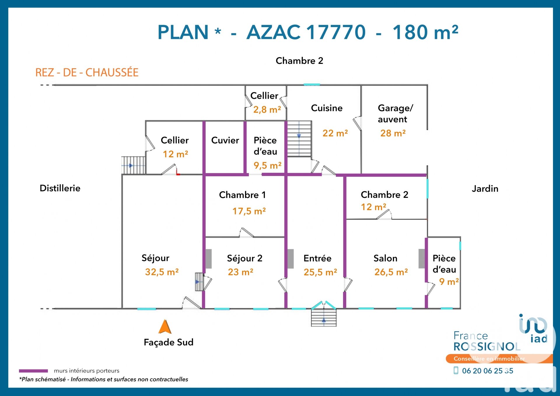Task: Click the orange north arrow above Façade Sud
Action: tap(165, 327)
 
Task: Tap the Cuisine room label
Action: tap(327, 108)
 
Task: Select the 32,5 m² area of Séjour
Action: tap(162, 272)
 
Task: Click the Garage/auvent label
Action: tap(395, 114)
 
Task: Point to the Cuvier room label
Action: tap(225, 140)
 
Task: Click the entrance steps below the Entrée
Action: tap(323, 318)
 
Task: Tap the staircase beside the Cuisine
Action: tap(299, 139)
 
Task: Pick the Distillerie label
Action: tap(60, 188)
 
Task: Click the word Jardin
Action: tap(485, 189)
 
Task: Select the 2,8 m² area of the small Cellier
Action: tap(267, 110)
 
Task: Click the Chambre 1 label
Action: tap(242, 195)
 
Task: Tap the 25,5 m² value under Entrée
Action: tap(320, 272)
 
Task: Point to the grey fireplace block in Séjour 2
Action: tap(209, 259)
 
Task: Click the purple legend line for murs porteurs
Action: tap(33, 371)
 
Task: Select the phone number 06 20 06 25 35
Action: tap(487, 371)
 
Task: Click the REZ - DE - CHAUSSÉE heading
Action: tap(87, 72)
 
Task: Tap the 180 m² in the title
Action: tap(425, 32)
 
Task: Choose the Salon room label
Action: tap(385, 258)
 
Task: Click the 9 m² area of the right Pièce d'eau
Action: tap(449, 282)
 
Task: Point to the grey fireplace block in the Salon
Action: tap(421, 259)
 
